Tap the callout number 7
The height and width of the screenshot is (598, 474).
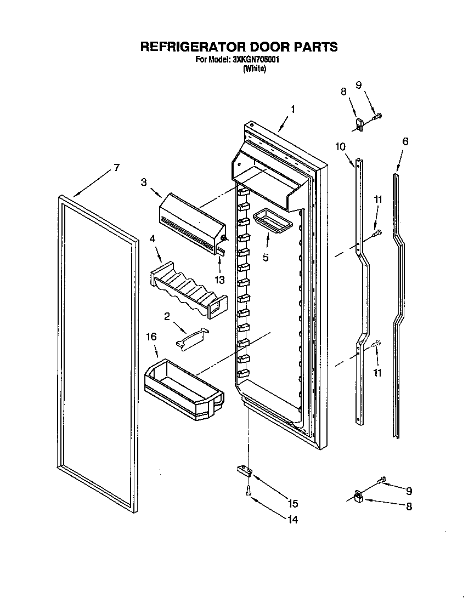point(116,168)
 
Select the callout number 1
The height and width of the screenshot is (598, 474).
point(292,110)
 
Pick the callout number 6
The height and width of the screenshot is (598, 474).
point(405,141)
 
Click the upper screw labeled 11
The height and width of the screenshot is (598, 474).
point(377,235)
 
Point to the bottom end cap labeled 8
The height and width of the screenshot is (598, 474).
point(359,497)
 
